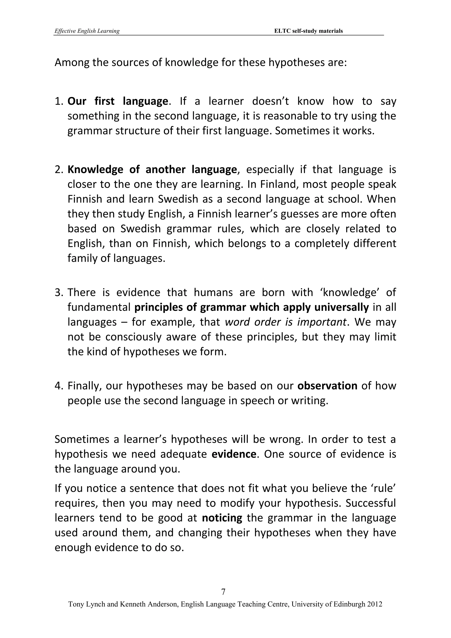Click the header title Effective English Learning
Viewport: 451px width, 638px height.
point(87,31)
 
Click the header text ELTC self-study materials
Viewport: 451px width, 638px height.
point(308,31)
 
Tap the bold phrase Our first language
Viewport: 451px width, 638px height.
point(118,101)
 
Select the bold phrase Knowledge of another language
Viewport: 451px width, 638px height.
point(152,169)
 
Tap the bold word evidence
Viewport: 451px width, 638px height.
point(234,454)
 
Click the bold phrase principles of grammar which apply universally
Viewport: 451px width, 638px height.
point(252,308)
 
